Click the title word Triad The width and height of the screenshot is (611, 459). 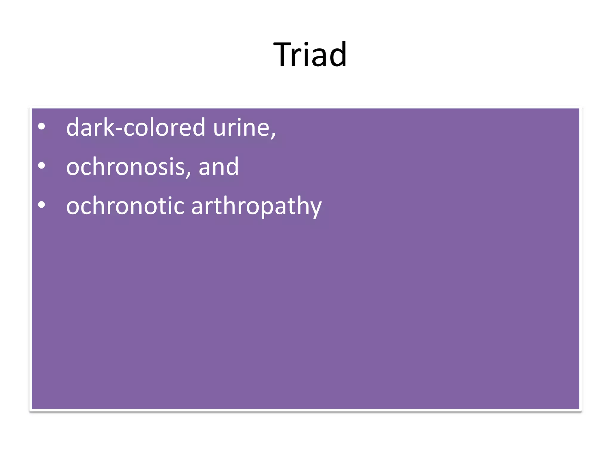[x=310, y=55]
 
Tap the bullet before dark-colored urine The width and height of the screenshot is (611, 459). [x=42, y=127]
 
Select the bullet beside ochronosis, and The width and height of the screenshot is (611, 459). [x=42, y=166]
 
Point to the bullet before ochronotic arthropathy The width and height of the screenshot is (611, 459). [x=42, y=205]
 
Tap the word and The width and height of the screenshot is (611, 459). [x=219, y=167]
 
